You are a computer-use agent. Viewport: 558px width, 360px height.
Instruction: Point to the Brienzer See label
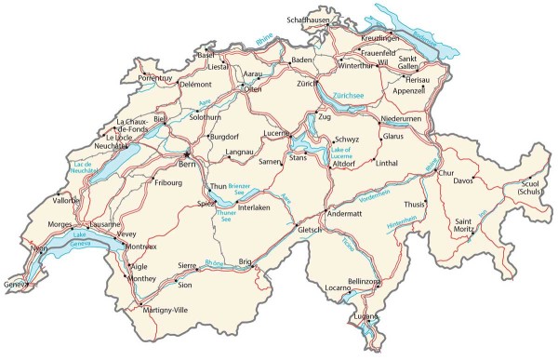coord(240,188)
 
